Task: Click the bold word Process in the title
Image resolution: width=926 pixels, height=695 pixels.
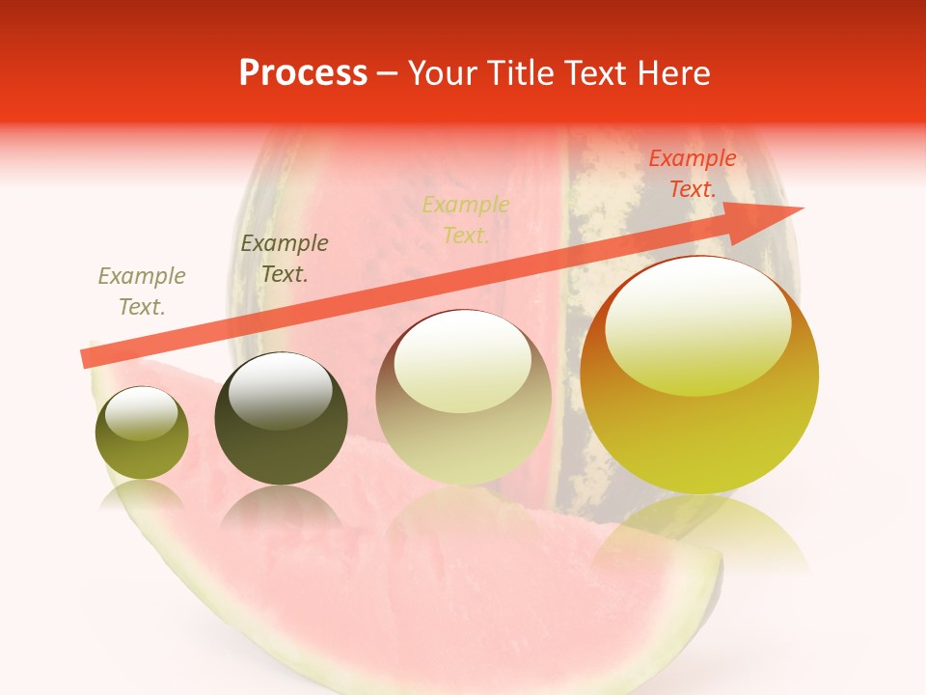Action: click(x=303, y=73)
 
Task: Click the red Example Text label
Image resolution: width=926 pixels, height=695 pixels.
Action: click(x=692, y=174)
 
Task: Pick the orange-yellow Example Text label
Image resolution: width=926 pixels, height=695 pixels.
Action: click(x=465, y=220)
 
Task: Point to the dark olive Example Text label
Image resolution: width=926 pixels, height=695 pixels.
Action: click(x=284, y=259)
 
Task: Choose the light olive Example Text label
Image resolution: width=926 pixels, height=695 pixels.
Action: click(x=141, y=292)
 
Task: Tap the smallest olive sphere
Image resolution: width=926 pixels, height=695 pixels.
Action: click(x=142, y=433)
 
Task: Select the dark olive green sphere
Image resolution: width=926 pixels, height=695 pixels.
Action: click(x=281, y=419)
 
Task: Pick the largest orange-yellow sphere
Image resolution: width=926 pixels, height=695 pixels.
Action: click(x=699, y=376)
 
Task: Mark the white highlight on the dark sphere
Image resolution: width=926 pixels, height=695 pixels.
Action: click(x=281, y=392)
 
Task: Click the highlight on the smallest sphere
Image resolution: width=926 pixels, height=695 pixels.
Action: click(x=142, y=413)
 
